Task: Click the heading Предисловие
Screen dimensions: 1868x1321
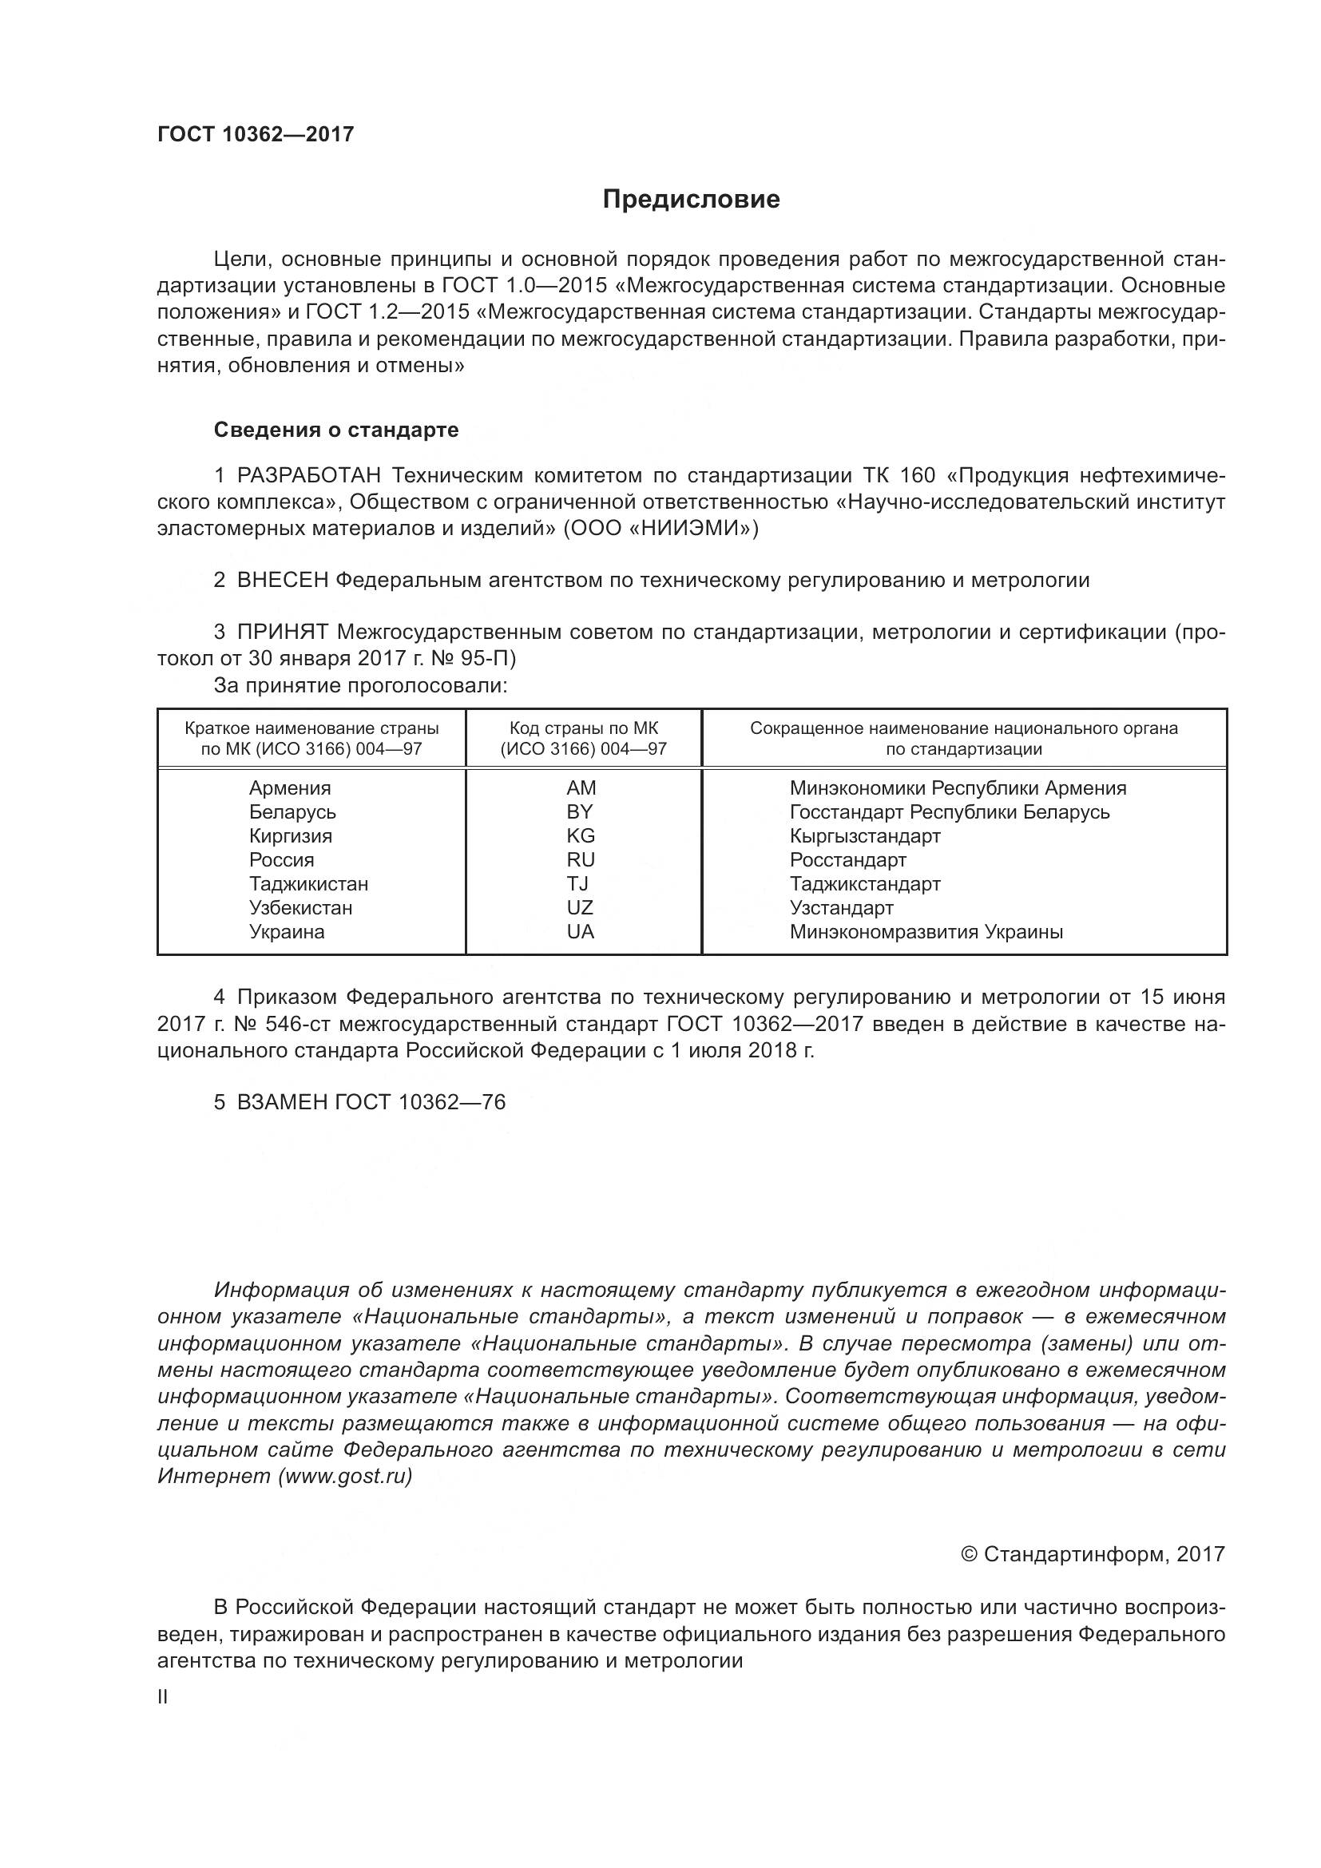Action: click(x=691, y=200)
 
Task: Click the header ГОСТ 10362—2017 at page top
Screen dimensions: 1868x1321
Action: click(x=256, y=134)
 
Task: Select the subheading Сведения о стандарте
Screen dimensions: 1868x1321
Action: click(x=336, y=430)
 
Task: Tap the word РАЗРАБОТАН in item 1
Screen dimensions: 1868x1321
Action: click(x=308, y=475)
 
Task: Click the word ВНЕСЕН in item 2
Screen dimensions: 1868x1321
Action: click(x=282, y=580)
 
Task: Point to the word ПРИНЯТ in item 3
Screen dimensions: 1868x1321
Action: click(x=282, y=633)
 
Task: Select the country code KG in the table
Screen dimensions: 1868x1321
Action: click(x=581, y=835)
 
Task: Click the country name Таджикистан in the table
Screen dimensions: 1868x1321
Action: click(x=308, y=883)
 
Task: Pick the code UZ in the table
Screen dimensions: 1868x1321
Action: click(x=580, y=907)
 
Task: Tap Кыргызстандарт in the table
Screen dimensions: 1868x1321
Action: click(x=865, y=835)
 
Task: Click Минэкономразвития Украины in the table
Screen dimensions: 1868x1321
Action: click(x=926, y=931)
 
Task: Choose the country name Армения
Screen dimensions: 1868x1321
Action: click(x=290, y=787)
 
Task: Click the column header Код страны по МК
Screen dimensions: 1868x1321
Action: click(x=583, y=728)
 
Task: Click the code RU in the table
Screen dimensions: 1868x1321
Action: click(x=581, y=860)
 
